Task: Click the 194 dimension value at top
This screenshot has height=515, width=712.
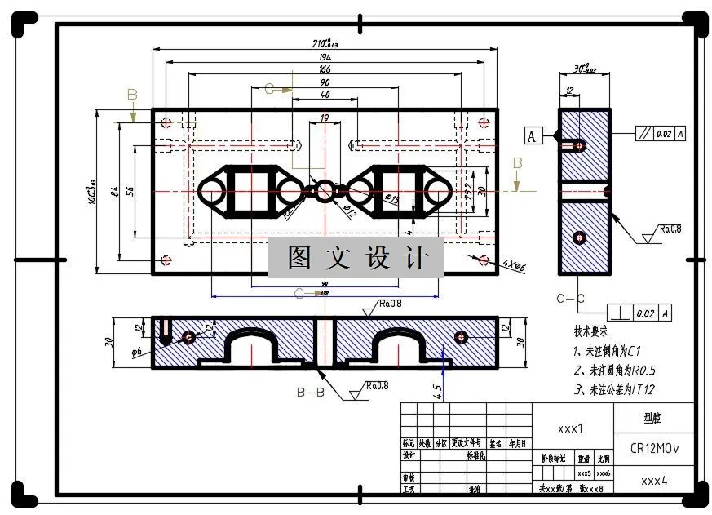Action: click(325, 58)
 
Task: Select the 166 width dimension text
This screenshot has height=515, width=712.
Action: click(325, 70)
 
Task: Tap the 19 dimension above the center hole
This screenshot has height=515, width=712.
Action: click(325, 118)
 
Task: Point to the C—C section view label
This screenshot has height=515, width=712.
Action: click(571, 299)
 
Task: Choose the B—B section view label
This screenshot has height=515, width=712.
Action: click(311, 393)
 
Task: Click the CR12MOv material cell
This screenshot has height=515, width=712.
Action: click(654, 449)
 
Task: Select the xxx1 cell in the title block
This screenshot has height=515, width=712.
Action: click(571, 428)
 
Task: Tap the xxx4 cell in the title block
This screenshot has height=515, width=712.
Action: click(654, 481)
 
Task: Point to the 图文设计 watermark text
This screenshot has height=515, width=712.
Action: click(356, 258)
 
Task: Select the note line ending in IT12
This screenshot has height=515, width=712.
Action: click(616, 389)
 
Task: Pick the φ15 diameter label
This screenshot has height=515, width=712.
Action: click(391, 198)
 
